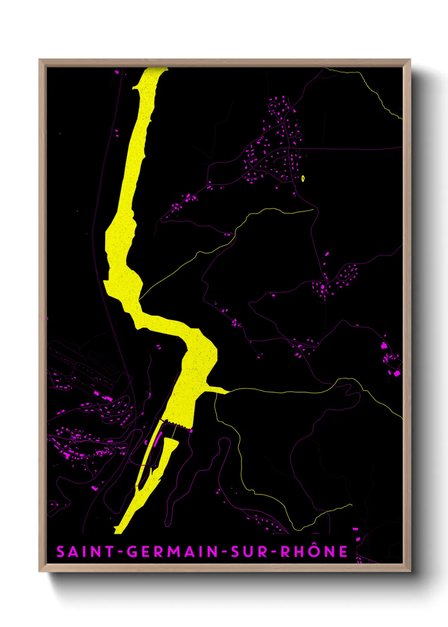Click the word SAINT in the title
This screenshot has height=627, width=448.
point(85,552)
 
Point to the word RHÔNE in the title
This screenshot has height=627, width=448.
point(314,552)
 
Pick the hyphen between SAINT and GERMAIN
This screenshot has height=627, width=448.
point(120,552)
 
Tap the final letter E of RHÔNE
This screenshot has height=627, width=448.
point(343,552)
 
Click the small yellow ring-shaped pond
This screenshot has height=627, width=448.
point(303,178)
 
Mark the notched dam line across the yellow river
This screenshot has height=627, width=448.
point(174,423)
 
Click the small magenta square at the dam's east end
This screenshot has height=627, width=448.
point(191,431)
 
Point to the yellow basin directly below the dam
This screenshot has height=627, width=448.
point(169,449)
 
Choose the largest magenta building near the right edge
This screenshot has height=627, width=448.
point(397,373)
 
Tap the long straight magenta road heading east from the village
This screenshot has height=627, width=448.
point(351,149)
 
